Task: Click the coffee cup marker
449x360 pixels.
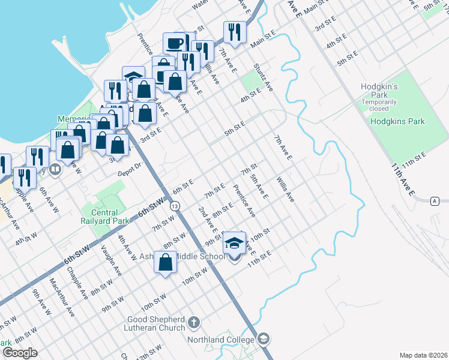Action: (175, 44)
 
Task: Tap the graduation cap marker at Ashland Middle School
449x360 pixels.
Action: (235, 243)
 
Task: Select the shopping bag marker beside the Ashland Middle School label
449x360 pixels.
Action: (165, 262)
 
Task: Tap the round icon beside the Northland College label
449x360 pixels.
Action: (264, 340)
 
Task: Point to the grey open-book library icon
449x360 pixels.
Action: (55, 170)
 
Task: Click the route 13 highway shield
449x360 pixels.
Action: (174, 206)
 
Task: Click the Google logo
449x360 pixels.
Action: (20, 353)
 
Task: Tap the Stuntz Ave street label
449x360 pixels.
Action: (264, 77)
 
